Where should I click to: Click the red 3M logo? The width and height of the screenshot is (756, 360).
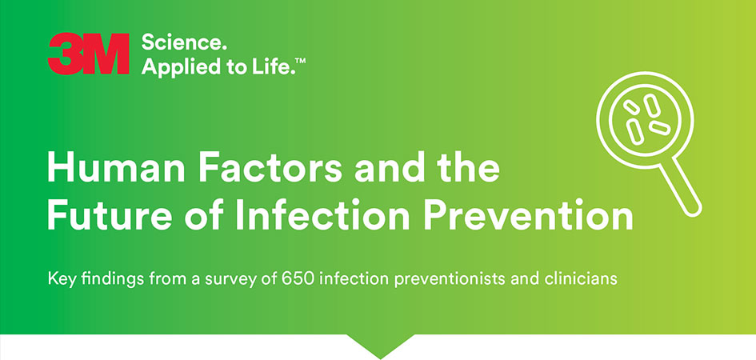tap(88, 55)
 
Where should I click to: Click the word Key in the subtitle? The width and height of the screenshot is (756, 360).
tap(59, 281)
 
